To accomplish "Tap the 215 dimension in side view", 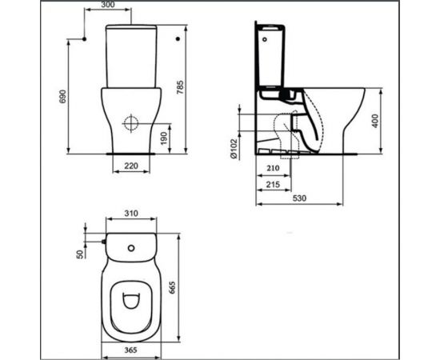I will coord(272,186).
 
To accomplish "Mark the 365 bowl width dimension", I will coord(132,350).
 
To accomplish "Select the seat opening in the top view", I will coord(132,302).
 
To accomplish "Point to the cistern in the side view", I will coord(276,60).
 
